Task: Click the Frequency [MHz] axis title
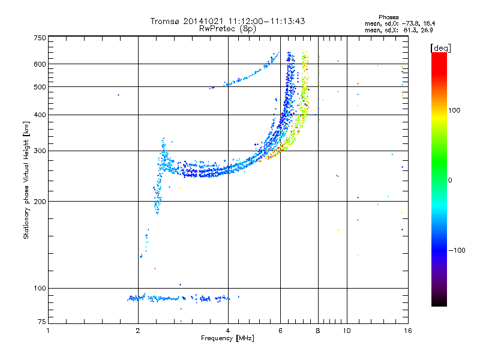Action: click(x=227, y=338)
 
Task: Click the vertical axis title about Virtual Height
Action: click(x=26, y=180)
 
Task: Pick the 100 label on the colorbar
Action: click(x=456, y=110)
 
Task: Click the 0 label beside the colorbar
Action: click(x=450, y=180)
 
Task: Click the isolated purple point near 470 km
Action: click(x=119, y=95)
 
